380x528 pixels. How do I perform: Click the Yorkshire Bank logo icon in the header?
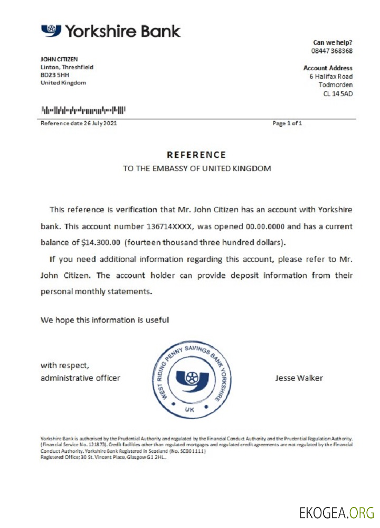[51, 30]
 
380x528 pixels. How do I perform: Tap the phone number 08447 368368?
[332, 51]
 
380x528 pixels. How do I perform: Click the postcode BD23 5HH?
[54, 75]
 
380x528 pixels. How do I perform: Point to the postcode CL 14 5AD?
[338, 93]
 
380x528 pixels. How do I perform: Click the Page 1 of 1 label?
[287, 124]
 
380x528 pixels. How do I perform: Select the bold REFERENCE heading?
[196, 155]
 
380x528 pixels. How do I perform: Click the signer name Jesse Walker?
[299, 378]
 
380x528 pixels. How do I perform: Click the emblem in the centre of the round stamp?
[189, 379]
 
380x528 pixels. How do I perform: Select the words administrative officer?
[80, 378]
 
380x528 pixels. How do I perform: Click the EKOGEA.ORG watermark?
[336, 512]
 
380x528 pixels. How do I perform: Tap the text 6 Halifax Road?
[331, 77]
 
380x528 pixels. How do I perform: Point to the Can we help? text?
[332, 42]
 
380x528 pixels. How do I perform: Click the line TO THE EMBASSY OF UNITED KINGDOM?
[197, 169]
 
